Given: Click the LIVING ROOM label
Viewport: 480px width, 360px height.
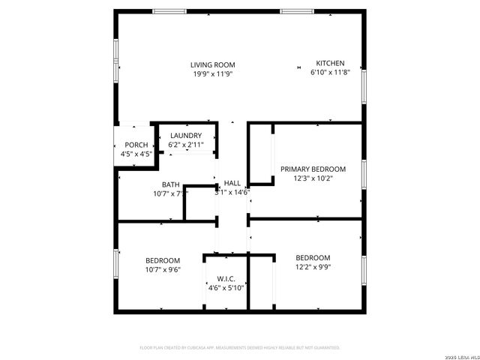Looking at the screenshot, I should [x=213, y=64].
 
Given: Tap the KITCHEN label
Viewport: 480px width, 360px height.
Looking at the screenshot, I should [x=330, y=63].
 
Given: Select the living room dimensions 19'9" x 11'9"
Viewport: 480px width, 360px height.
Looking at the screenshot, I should [x=213, y=73].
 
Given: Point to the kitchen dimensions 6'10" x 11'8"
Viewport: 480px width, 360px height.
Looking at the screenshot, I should [x=330, y=73].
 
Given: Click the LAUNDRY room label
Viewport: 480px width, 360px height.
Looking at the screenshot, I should [x=185, y=135].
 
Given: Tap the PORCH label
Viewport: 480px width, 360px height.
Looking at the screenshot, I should [x=136, y=145].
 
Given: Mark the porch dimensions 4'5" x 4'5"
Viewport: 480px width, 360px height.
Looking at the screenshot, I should [x=136, y=154].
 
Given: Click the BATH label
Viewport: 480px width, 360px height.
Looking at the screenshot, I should [x=170, y=184].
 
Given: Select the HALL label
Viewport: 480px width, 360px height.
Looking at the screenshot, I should [x=232, y=183].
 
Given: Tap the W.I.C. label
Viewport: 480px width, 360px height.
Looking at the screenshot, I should [x=226, y=278].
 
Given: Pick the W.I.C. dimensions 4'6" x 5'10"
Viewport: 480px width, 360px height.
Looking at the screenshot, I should [x=226, y=287].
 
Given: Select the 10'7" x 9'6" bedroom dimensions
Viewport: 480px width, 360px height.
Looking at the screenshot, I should [x=163, y=269].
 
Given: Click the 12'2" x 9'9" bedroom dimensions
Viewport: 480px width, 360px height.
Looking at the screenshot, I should [x=313, y=266].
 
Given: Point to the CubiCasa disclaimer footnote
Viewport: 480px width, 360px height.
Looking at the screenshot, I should [x=240, y=347].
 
